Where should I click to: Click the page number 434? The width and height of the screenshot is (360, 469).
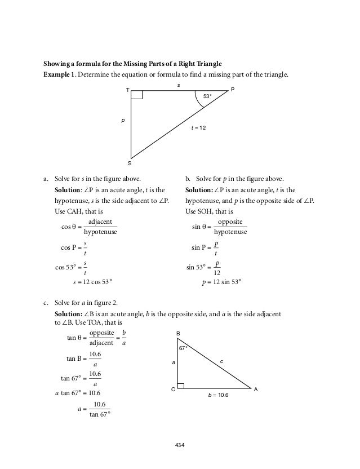point(180,445)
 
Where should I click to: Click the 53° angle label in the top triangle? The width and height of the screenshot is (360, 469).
point(207,97)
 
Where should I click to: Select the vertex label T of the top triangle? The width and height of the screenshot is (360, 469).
point(127,90)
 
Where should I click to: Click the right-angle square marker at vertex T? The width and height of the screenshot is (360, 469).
point(136,95)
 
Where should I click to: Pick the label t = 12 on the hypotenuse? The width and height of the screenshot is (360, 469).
point(199,129)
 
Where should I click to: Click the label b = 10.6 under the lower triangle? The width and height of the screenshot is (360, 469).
point(218,397)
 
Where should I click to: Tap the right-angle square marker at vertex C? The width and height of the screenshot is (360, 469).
point(181,386)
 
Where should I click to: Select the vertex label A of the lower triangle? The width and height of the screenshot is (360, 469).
point(255,389)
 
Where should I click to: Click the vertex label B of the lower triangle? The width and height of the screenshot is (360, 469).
point(178,334)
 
